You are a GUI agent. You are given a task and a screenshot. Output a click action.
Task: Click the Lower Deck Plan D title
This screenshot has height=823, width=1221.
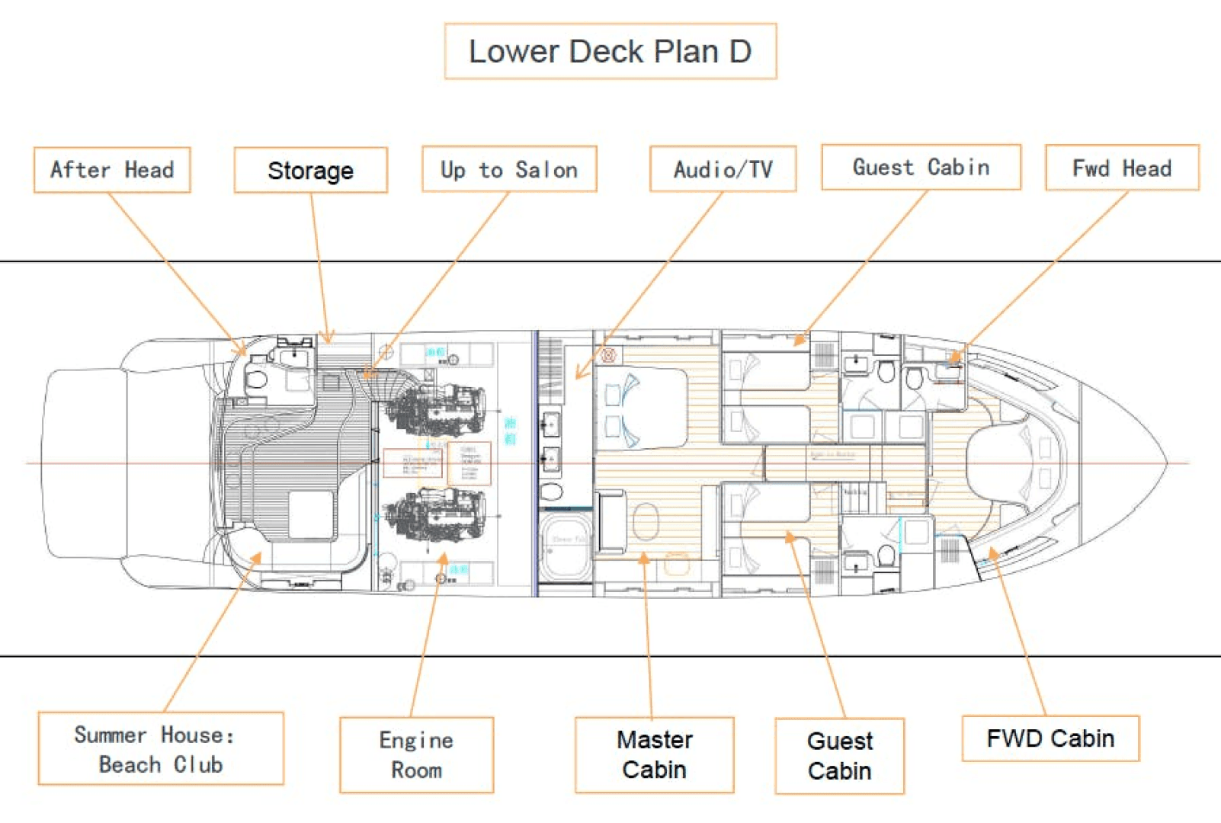610,51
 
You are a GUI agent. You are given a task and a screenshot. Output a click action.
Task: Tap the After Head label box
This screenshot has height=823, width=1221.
112,169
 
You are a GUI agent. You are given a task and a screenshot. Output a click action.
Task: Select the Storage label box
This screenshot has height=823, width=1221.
310,170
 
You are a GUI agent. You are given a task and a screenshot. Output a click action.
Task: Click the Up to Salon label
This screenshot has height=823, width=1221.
509,169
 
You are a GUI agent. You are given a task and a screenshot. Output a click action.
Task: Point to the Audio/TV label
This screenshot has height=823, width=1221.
723,168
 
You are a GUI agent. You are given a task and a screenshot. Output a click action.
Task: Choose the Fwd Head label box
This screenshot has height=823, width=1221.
1122,168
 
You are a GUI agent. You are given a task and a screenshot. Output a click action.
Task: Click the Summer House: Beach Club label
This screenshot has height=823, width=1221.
161,748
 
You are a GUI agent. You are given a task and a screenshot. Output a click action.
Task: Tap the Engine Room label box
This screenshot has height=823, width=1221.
416,754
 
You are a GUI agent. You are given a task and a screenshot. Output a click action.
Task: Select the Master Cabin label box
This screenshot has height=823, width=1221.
654,754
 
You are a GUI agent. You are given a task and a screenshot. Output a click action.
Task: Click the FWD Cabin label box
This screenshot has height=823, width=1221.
1050,738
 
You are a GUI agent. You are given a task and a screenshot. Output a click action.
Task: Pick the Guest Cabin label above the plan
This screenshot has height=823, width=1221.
921,167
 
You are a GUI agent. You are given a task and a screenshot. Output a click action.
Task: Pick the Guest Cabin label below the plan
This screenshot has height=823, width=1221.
839,755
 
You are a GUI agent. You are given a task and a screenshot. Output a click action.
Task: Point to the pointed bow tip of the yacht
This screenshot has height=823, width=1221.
1166,463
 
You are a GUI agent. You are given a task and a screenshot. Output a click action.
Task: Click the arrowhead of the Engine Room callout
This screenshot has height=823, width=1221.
443,559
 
